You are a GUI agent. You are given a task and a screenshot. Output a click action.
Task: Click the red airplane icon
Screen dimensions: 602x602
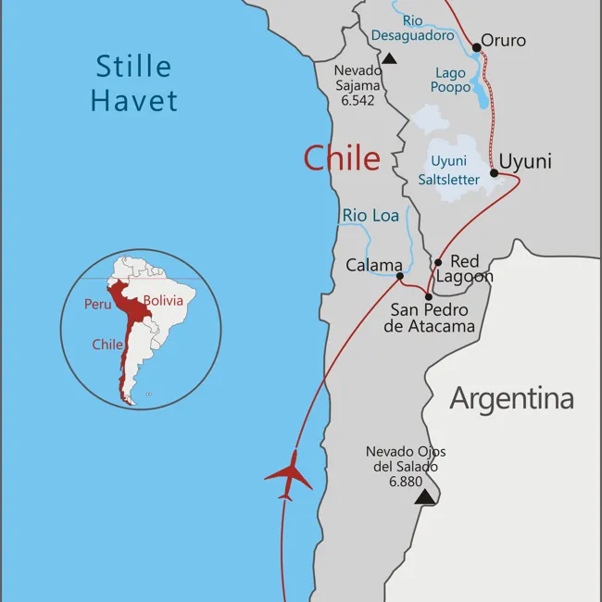[289, 476]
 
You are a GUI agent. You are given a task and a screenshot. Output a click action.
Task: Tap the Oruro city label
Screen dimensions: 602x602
[503, 40]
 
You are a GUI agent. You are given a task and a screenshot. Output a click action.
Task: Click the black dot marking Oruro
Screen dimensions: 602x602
[477, 47]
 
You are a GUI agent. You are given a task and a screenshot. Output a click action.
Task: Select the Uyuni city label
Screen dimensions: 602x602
[525, 161]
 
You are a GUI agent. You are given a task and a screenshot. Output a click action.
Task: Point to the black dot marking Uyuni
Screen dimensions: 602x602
[494, 172]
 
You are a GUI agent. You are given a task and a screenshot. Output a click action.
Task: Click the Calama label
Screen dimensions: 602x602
[373, 265]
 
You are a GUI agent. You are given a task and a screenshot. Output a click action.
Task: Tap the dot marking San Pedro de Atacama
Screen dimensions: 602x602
[428, 297]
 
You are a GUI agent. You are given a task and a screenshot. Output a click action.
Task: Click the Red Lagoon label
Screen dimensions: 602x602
[464, 270]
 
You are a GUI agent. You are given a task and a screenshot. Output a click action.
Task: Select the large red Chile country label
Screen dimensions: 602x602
[342, 158]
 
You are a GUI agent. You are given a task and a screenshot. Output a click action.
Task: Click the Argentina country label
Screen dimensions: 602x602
[511, 398]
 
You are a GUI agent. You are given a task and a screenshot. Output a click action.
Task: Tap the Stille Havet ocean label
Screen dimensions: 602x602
[134, 83]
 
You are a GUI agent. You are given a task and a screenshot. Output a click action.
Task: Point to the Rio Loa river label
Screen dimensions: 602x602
[370, 216]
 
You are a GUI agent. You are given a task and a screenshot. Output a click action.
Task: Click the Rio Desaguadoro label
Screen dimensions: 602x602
[413, 28]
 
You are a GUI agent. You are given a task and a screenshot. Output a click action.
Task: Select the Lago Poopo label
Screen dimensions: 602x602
[452, 80]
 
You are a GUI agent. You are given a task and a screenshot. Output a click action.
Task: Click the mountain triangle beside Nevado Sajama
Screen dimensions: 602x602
[390, 58]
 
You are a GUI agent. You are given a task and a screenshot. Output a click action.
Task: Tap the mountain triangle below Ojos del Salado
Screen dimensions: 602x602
[424, 497]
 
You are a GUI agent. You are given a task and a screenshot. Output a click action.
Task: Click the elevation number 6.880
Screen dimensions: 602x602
[407, 482]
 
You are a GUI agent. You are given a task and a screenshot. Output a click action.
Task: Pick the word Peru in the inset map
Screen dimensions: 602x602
[98, 304]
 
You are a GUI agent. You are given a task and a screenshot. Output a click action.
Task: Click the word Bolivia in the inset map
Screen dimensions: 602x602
[163, 301]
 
